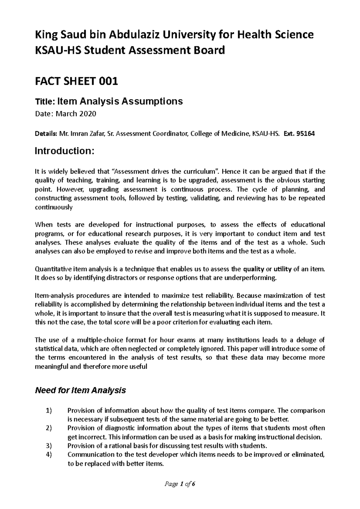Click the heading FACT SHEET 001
tap(76, 81)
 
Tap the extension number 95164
tap(305, 134)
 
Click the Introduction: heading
tap(64, 151)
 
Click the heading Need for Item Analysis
tap(80, 391)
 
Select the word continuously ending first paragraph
tap(54, 207)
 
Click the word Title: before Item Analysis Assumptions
tap(44, 102)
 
